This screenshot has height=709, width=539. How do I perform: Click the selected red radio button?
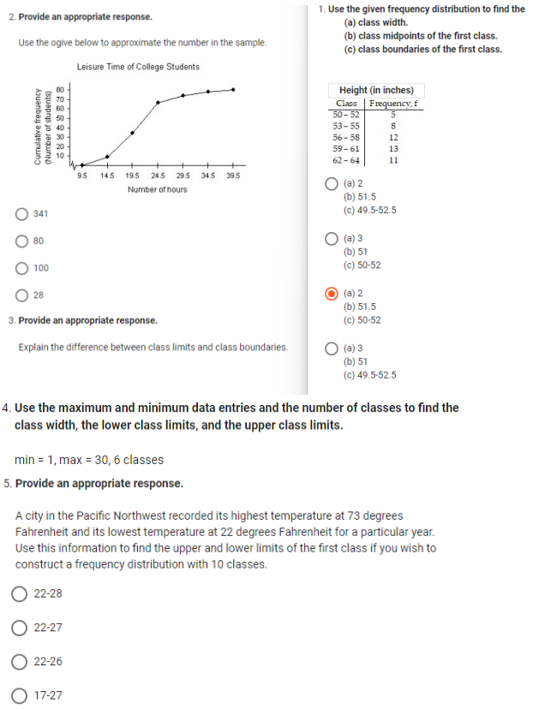pyautogui.click(x=332, y=294)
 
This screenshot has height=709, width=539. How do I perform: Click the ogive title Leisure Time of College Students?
pyautogui.click(x=138, y=67)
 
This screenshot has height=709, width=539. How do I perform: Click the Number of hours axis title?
pyautogui.click(x=158, y=189)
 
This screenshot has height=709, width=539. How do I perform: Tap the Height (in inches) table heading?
pyautogui.click(x=376, y=91)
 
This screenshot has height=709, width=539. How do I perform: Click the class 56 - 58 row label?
pyautogui.click(x=346, y=137)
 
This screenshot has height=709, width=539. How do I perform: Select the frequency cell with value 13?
pyautogui.click(x=393, y=148)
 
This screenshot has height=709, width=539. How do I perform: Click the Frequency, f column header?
pyautogui.click(x=393, y=104)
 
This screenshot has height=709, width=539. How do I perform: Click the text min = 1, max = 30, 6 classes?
pyautogui.click(x=89, y=460)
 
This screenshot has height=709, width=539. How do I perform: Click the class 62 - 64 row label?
pyautogui.click(x=346, y=160)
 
